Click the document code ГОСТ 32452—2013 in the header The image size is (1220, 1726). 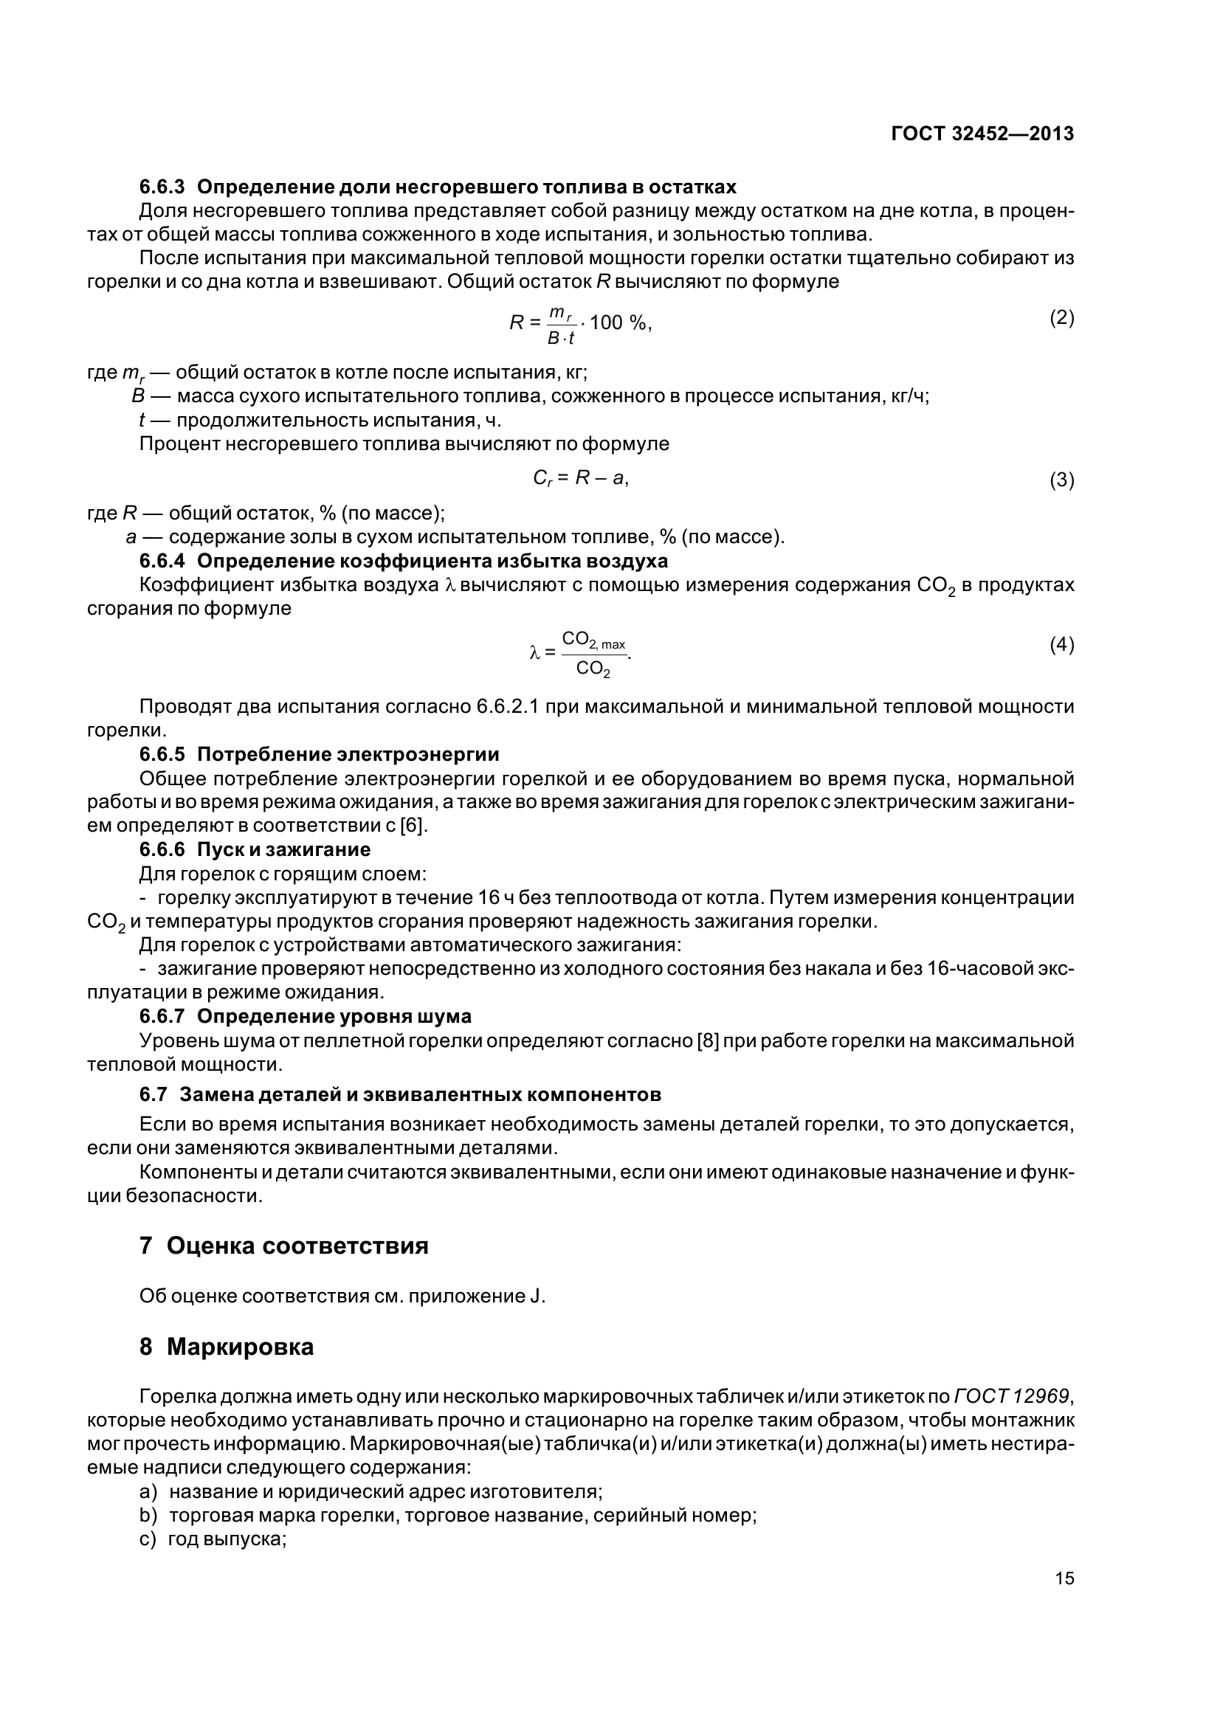tap(982, 134)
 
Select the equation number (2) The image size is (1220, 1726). tap(1061, 318)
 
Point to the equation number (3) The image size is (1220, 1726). tap(1061, 480)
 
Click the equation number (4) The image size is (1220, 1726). tap(1061, 644)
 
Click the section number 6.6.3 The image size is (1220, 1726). tap(162, 187)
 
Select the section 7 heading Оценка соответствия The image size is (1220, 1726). tap(297, 1246)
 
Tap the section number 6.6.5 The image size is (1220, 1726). tap(162, 754)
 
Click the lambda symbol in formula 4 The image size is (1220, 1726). tap(534, 653)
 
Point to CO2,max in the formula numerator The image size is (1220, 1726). tap(593, 641)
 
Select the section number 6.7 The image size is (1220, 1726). tap(154, 1094)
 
